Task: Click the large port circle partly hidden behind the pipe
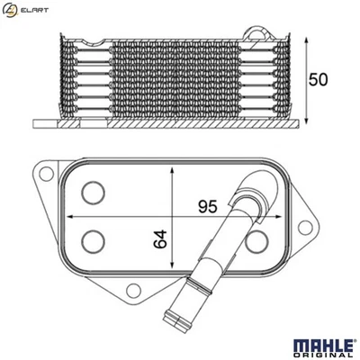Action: tap(256, 239)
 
